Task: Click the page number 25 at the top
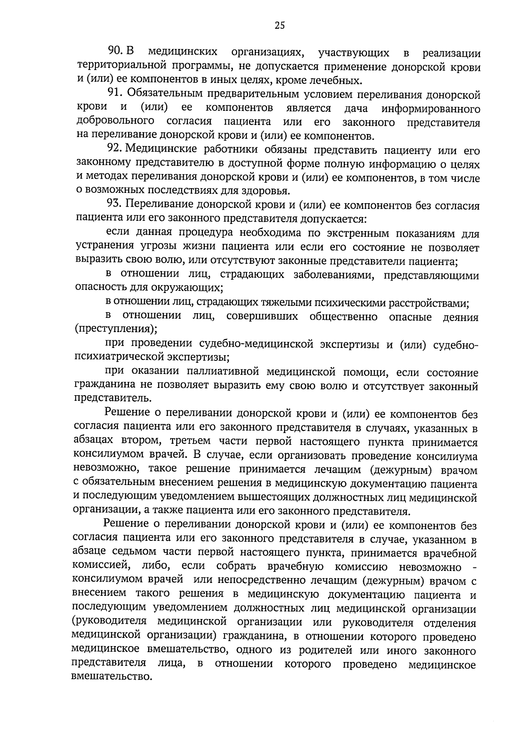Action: click(x=279, y=25)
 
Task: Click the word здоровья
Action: click(x=272, y=191)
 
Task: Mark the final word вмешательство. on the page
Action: click(x=113, y=678)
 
